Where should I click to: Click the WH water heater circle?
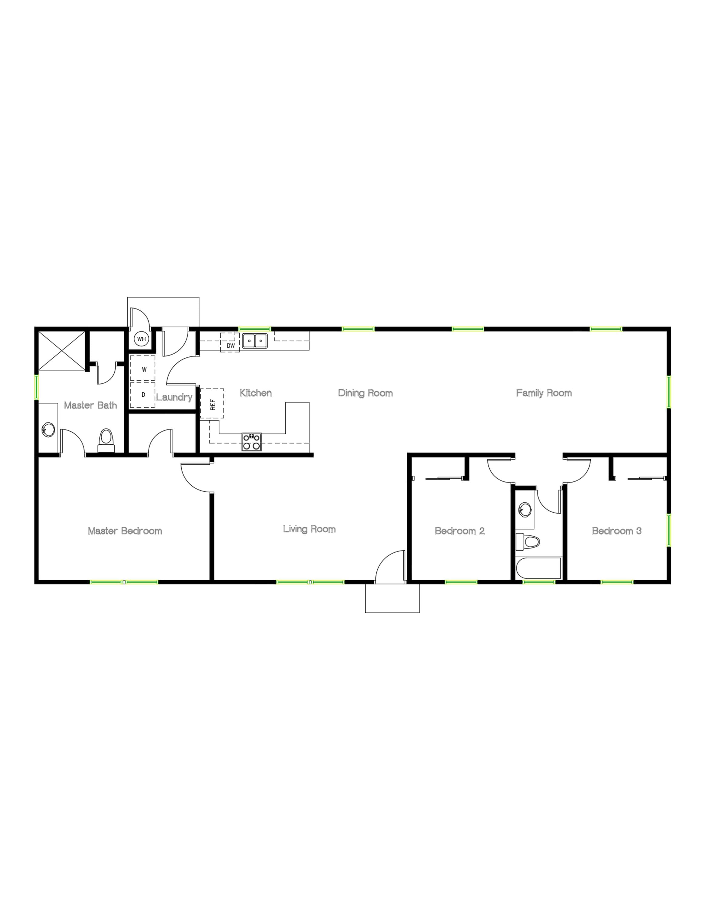142,339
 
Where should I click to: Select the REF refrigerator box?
212,403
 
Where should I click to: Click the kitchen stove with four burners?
251,442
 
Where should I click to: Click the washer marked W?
143,369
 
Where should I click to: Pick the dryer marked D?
143,395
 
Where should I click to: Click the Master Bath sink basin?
48,430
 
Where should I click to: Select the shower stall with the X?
62,351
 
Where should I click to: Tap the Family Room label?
543,393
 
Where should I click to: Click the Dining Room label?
365,393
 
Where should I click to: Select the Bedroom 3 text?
616,531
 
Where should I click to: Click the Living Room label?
309,529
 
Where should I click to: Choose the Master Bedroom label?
125,531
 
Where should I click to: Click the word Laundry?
174,397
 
